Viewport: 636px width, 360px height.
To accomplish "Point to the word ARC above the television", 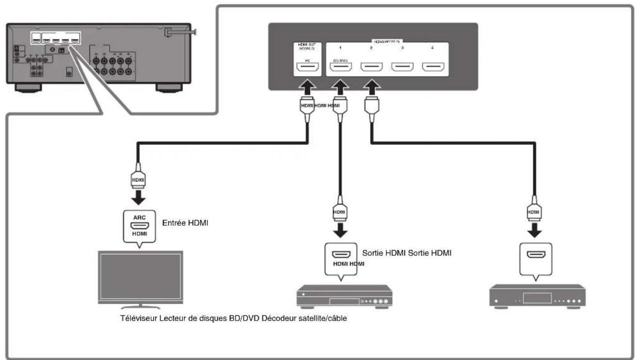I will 140,217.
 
